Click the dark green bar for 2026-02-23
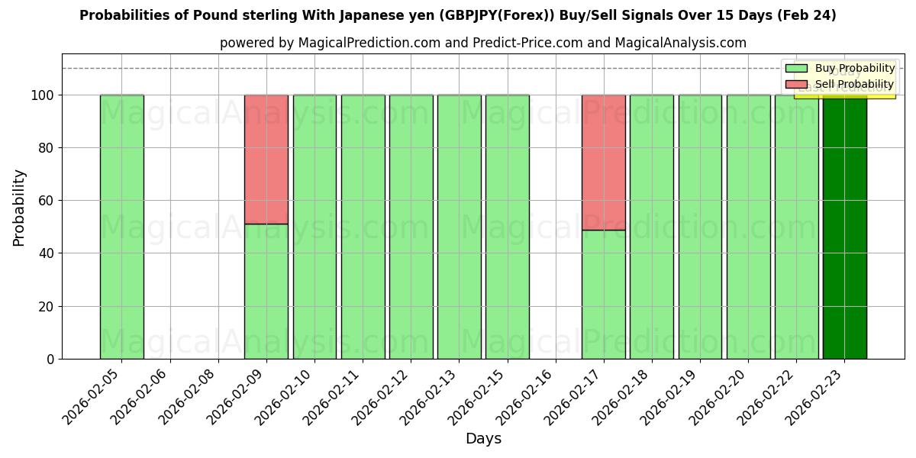click(x=844, y=229)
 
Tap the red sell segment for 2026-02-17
click(x=604, y=162)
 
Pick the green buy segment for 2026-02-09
click(x=266, y=291)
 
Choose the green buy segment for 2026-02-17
click(x=604, y=294)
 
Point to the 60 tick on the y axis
click(x=47, y=201)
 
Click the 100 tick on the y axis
click(x=43, y=95)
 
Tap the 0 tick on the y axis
click(x=50, y=359)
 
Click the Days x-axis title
click(x=483, y=439)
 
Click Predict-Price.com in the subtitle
click(x=527, y=43)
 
